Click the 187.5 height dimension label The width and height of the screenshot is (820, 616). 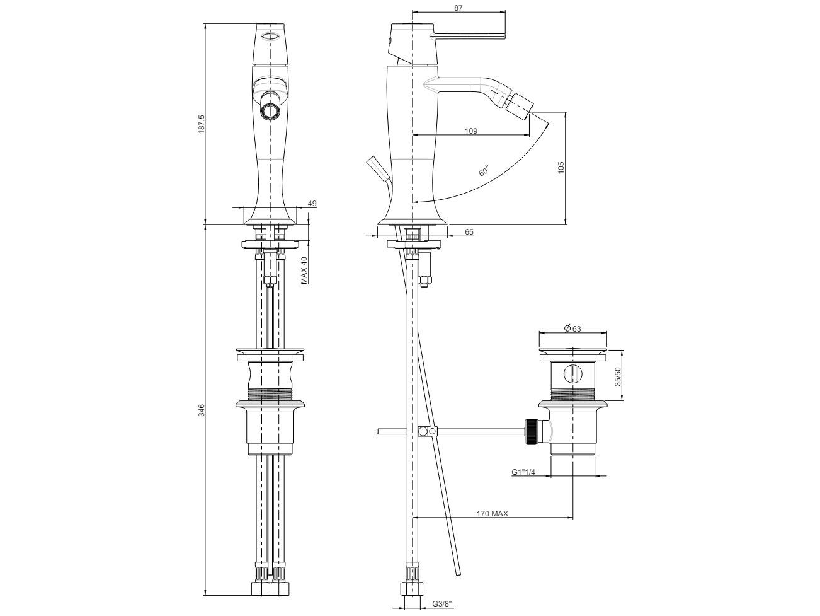[x=202, y=124]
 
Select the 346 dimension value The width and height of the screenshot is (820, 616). [x=202, y=410]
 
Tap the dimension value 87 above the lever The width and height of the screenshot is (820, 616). [x=458, y=8]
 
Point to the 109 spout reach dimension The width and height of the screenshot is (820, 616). [x=471, y=131]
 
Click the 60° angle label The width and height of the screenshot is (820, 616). [x=484, y=170]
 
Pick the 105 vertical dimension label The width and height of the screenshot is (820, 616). [x=561, y=167]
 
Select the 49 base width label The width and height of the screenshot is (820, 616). [x=312, y=204]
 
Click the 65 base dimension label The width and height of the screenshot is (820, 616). [x=469, y=232]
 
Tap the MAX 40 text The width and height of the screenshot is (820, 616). [x=304, y=270]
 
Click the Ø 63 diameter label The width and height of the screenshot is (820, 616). [x=572, y=328]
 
